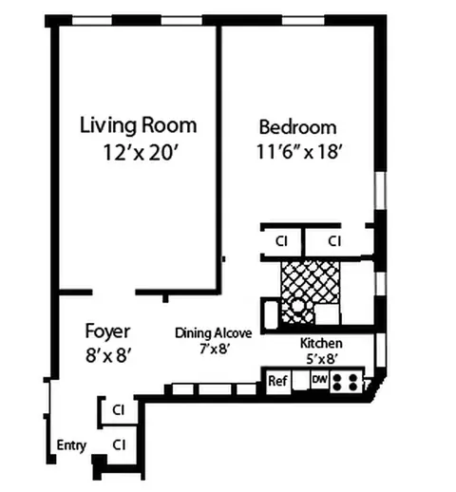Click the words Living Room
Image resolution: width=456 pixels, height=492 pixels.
tap(138, 124)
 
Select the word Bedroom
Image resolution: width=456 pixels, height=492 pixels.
tap(297, 127)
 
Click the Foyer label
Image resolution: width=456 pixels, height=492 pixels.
tap(107, 331)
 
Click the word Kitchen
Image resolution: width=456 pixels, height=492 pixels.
tap(321, 344)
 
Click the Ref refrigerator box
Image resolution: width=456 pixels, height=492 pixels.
tap(277, 382)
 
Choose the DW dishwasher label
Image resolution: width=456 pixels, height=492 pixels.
tap(319, 380)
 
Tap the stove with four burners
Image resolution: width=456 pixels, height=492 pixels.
tap(348, 383)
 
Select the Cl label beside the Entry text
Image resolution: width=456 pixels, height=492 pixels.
tap(119, 444)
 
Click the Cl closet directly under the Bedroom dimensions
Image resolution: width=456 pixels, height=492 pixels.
tap(281, 241)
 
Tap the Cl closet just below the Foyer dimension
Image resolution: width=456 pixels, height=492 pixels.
tap(119, 410)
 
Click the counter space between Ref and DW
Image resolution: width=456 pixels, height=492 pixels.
tap(300, 382)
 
